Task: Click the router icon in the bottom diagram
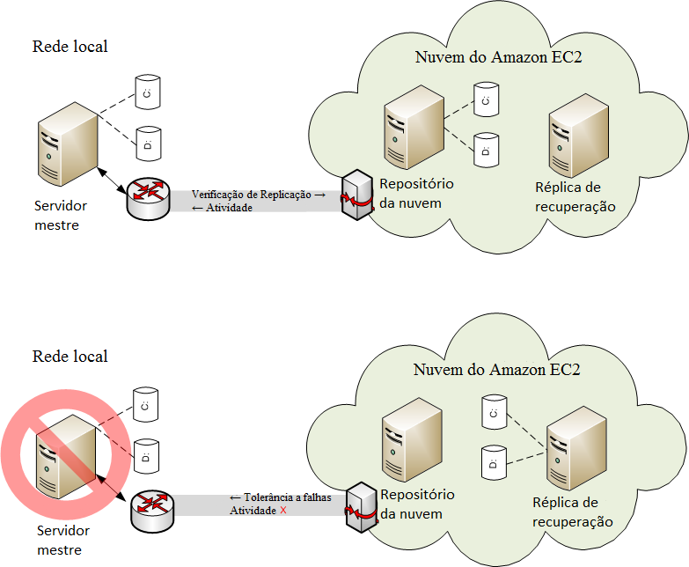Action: click(150, 511)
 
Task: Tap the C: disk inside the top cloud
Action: click(484, 100)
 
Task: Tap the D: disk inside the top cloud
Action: click(484, 151)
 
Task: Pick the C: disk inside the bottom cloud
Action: click(493, 411)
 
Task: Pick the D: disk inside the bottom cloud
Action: click(493, 462)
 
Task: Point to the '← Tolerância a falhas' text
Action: click(280, 497)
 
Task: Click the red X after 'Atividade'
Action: click(283, 511)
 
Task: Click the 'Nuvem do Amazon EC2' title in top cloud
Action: click(498, 58)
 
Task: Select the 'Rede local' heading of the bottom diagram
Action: click(70, 356)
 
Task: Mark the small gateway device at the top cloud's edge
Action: click(357, 196)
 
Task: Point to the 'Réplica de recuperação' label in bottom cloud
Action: click(572, 512)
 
